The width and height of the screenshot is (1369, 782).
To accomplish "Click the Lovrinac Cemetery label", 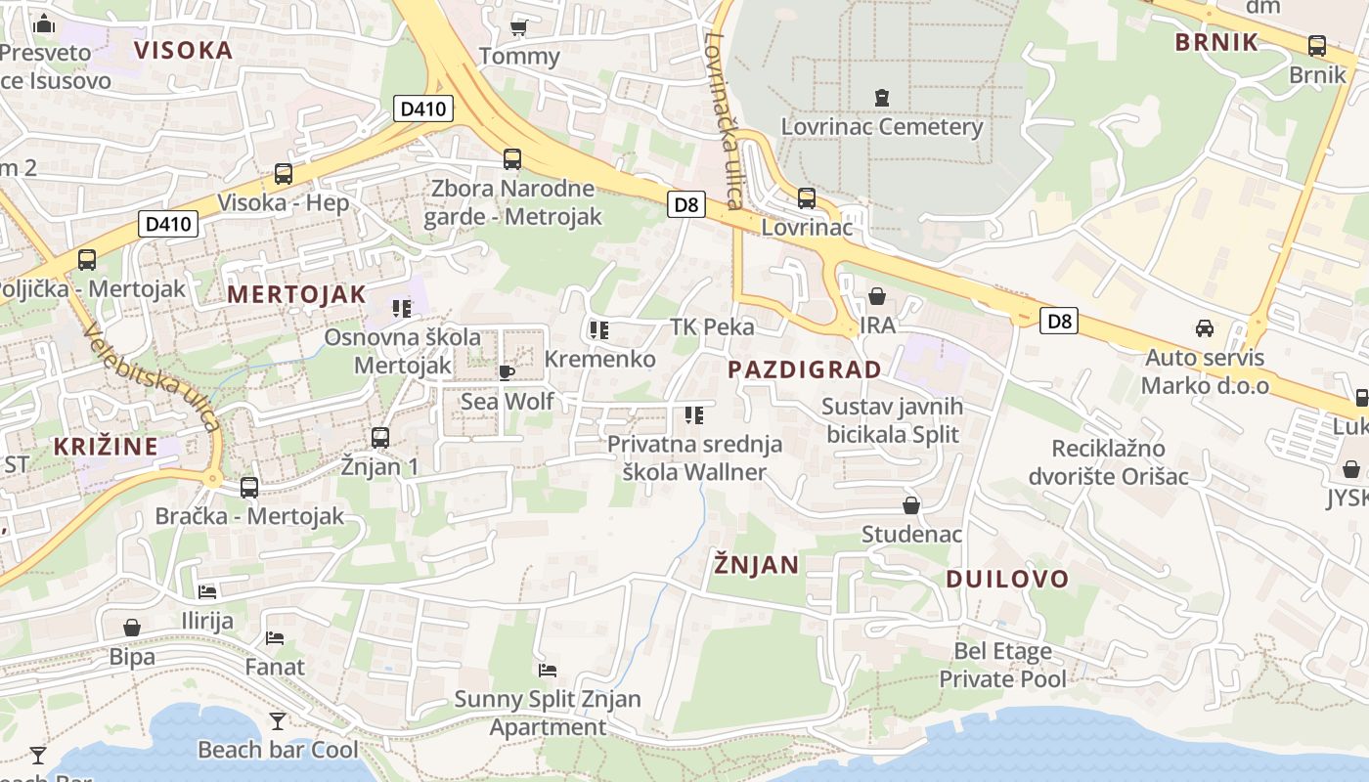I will pos(881,127).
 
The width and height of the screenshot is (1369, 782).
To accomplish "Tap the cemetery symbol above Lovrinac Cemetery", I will pos(882,97).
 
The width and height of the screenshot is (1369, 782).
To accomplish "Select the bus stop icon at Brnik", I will pos(1317,46).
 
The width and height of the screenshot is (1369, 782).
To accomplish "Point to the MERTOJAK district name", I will pos(296,294).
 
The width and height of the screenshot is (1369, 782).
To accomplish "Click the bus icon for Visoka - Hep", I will pos(284,174).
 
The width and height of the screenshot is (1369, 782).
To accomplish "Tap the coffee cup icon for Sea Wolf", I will pos(507,372).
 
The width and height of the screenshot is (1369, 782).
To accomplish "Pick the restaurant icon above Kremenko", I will pos(599,330).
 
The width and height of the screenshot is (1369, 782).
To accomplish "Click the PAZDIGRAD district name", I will pos(805,369).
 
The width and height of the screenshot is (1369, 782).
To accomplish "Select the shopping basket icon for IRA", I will pos(877,296).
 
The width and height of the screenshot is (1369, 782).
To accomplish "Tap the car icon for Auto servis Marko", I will pos(1205,328).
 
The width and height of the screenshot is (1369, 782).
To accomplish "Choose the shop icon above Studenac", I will pos(911,505).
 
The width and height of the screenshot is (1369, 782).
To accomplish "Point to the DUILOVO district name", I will pos(1007,579).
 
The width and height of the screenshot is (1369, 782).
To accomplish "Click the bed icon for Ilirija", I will pos(206,591).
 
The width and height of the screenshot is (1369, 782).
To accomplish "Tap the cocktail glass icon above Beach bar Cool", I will pos(278,720).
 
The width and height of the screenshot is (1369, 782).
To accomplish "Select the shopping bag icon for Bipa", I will pos(132,628).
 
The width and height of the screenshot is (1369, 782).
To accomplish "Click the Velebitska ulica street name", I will pos(153,377).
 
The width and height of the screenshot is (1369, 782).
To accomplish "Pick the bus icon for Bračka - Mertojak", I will pos(249,487).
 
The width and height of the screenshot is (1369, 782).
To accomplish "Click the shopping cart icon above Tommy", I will pos(519,26).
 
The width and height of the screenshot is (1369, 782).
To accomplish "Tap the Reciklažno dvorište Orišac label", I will pos(1108,462).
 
